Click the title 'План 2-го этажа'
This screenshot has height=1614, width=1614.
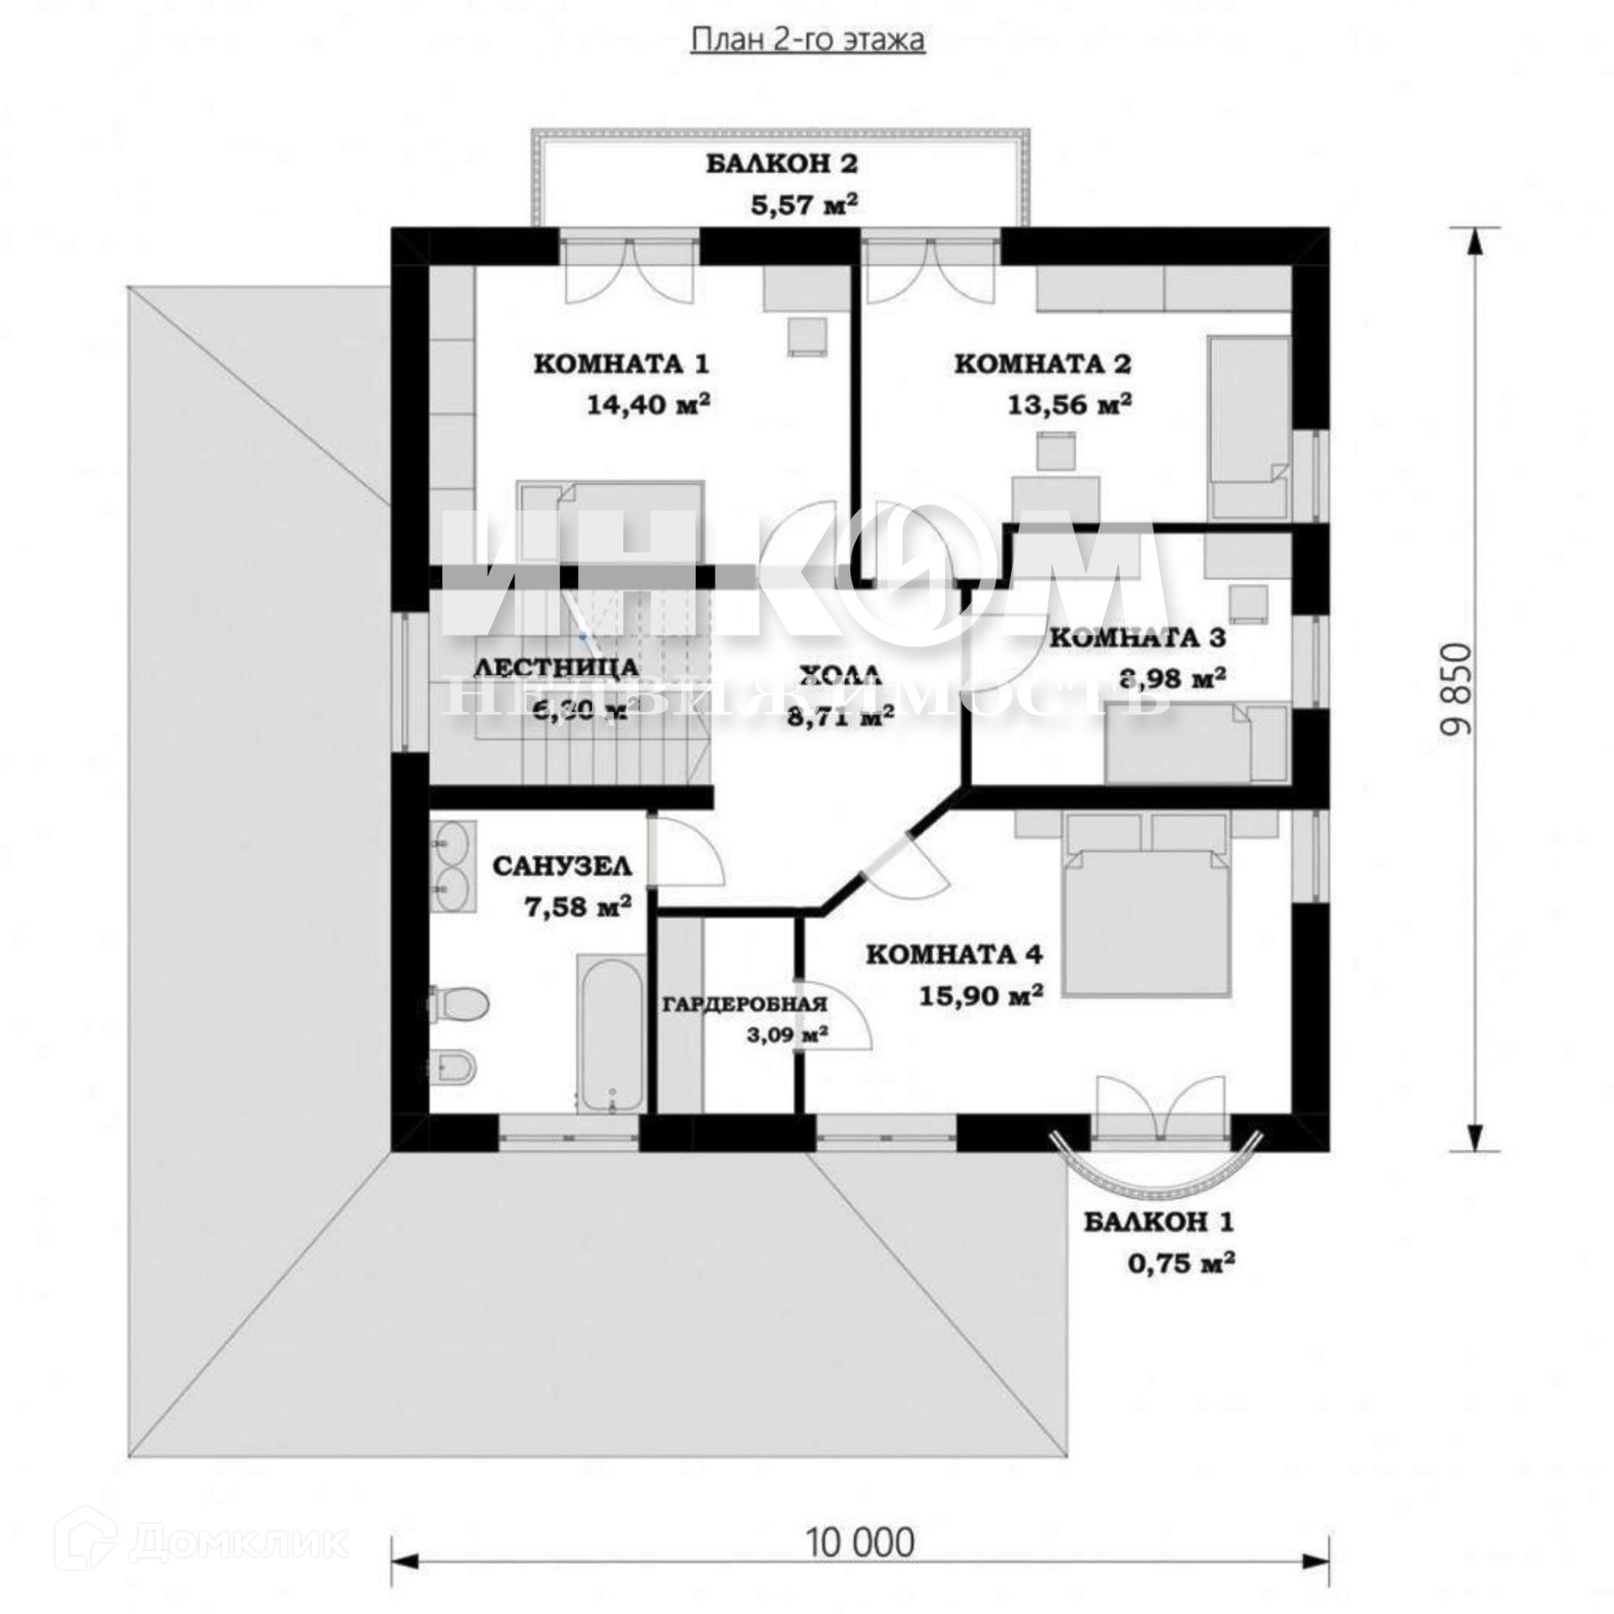click(807, 40)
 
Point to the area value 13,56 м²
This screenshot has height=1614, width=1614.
click(1069, 405)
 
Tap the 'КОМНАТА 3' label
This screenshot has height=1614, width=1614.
click(1137, 637)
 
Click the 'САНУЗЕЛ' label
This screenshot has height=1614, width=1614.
click(562, 866)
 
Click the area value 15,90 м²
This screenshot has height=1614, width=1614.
click(981, 996)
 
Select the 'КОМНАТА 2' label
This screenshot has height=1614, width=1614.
click(1042, 364)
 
